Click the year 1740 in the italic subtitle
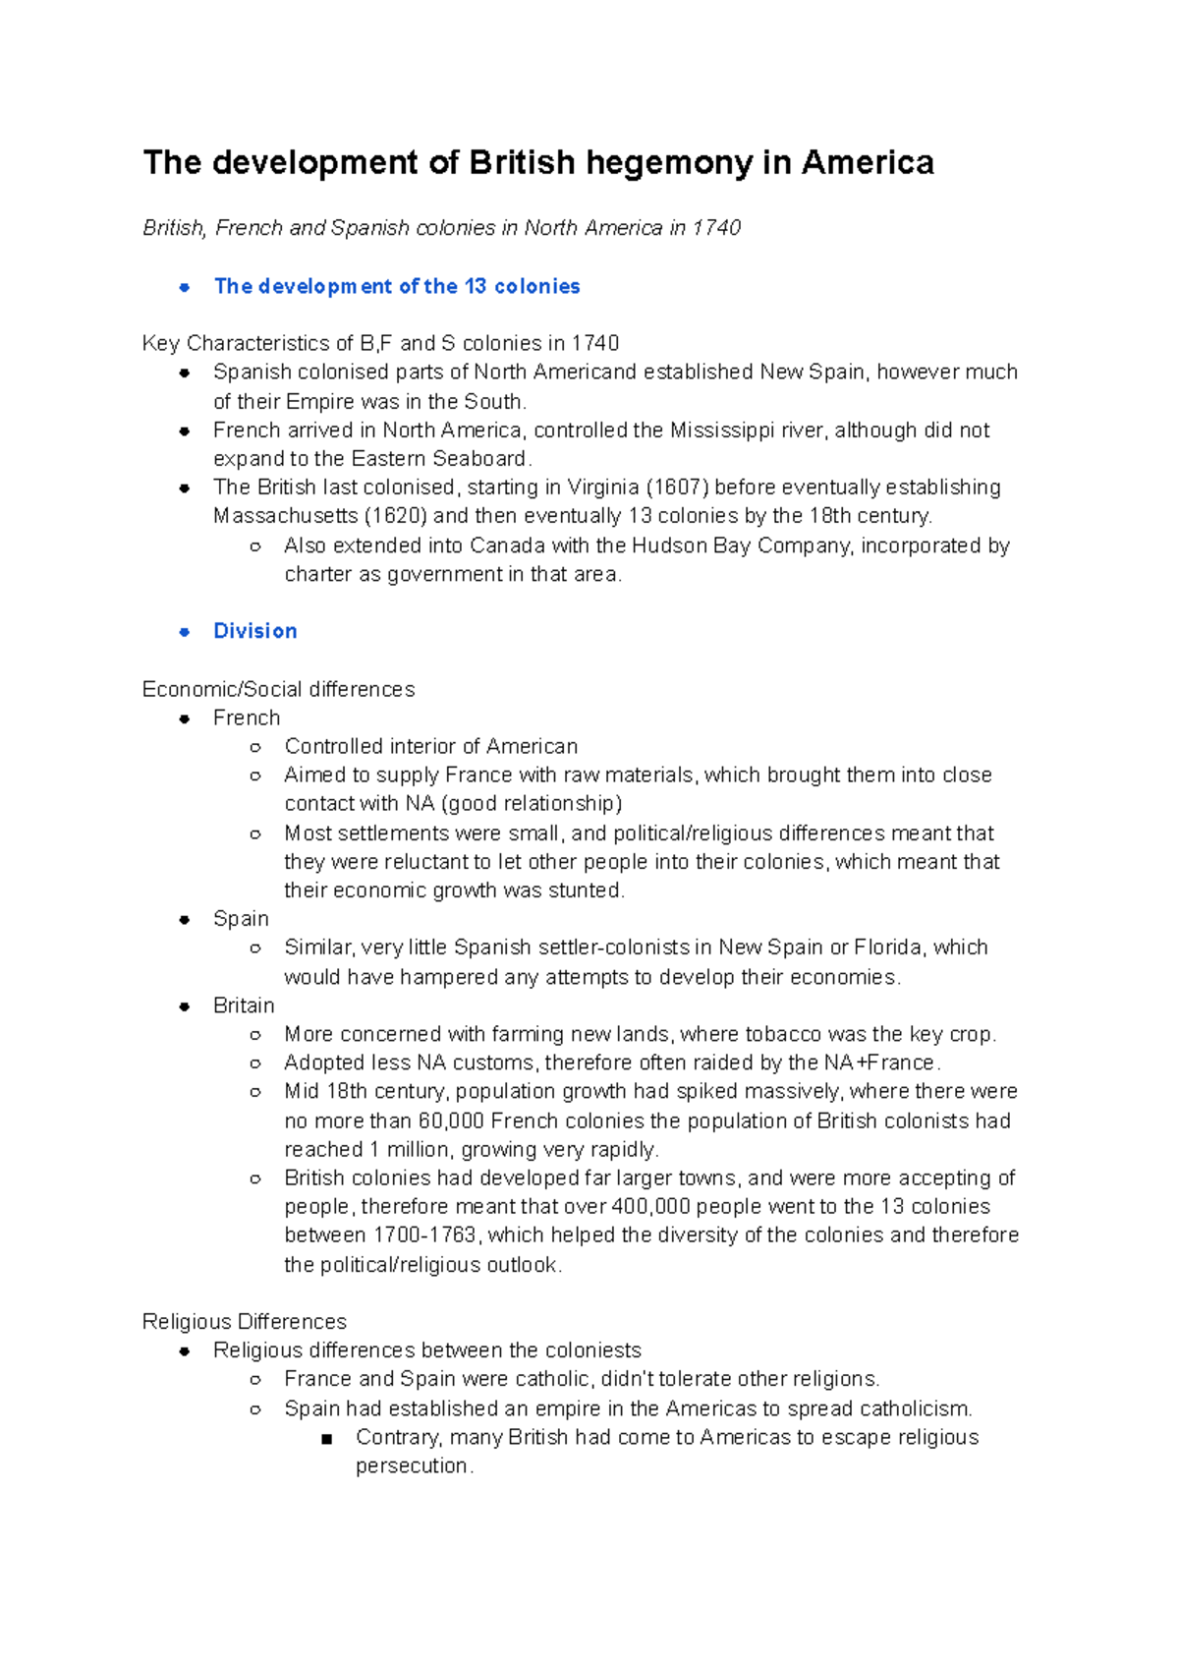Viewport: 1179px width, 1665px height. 716,228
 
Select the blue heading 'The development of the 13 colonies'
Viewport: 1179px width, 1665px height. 397,286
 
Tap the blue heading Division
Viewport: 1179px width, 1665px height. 255,631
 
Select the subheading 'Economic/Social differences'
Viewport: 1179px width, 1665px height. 278,689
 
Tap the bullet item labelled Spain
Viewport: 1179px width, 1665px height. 241,919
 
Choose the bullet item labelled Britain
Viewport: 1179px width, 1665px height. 244,1005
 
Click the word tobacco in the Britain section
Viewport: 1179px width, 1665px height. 783,1034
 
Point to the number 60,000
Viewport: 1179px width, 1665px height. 451,1120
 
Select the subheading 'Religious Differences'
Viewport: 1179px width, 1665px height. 245,1322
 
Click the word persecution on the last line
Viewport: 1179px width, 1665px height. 413,1466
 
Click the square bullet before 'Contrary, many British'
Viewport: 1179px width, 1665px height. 327,1439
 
